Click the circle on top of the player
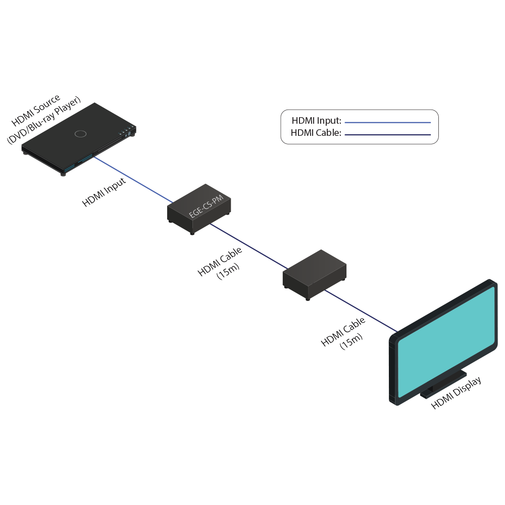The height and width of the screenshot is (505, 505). [x=80, y=133]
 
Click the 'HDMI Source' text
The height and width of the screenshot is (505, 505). [x=36, y=110]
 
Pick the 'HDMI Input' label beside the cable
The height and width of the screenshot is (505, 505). [x=104, y=192]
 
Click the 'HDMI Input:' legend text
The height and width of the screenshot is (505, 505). [x=317, y=121]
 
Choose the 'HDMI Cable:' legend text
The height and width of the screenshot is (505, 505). [x=316, y=133]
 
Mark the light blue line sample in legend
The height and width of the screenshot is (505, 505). [x=388, y=122]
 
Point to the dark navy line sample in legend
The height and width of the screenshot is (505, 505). [x=388, y=135]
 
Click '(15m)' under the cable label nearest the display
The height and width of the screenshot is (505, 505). [x=351, y=342]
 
